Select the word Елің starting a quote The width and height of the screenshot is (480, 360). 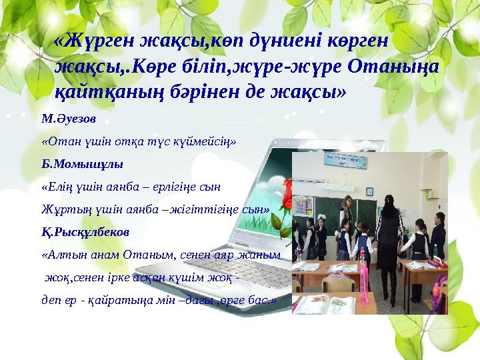pyautogui.click(x=56, y=187)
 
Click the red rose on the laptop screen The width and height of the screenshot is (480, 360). pyautogui.click(x=286, y=197)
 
